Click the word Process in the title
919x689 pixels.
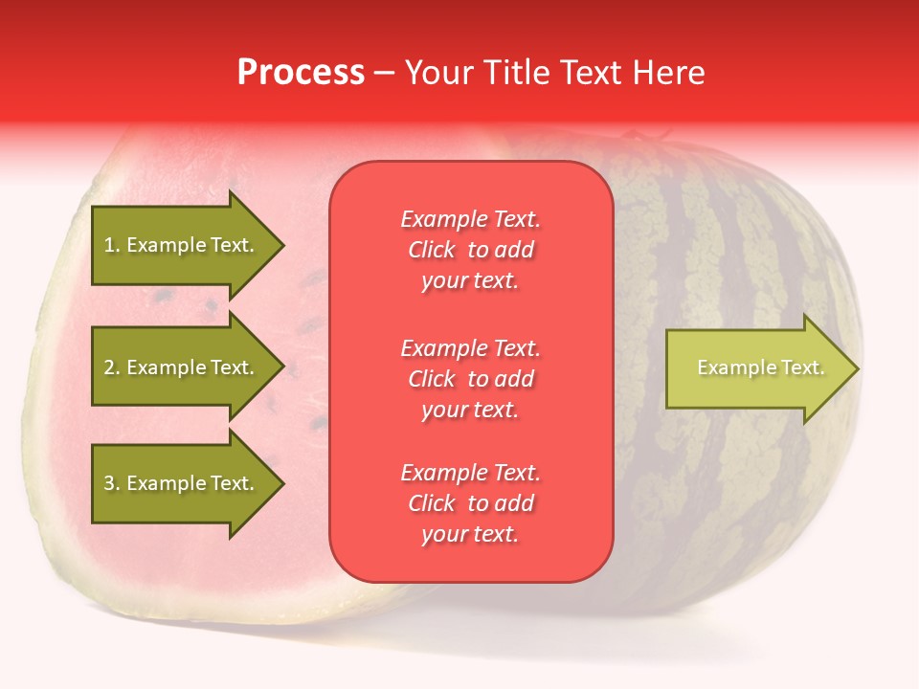point(301,72)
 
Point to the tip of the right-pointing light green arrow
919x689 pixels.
point(857,368)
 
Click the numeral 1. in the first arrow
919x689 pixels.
point(112,245)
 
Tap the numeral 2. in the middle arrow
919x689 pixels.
point(112,367)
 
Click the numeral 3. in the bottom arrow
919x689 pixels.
point(112,483)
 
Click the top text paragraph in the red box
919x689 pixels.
point(470,250)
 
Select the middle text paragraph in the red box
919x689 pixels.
point(470,379)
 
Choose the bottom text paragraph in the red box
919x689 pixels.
point(470,503)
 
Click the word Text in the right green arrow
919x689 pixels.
point(802,367)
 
